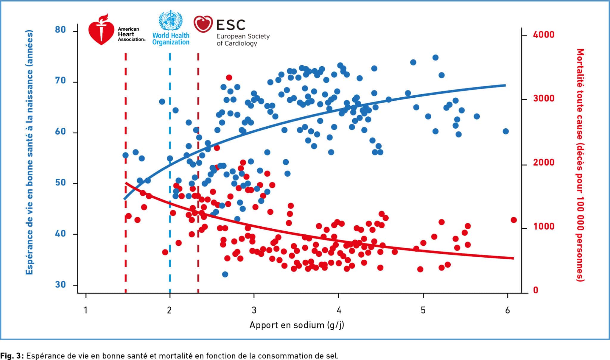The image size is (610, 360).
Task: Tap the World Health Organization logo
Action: [171, 28]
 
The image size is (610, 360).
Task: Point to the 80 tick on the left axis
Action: [60, 30]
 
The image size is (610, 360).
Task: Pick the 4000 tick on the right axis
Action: [544, 35]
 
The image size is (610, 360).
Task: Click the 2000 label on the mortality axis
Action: [544, 163]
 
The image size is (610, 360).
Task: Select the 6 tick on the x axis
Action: [508, 311]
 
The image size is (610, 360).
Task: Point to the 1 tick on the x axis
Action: [86, 311]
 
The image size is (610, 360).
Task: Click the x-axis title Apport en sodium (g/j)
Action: [297, 325]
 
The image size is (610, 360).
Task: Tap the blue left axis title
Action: [29, 152]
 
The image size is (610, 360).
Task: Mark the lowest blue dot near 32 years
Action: [225, 274]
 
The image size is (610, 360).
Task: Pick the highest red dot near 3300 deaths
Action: [229, 78]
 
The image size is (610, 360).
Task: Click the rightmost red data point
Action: [514, 220]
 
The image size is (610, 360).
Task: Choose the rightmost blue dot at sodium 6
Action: [506, 131]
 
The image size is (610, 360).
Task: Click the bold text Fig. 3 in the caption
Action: [12, 356]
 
